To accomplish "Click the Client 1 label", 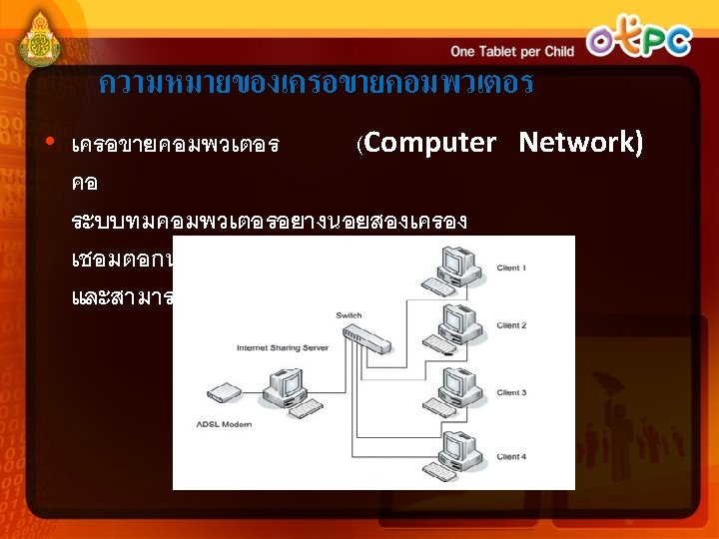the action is pos(511,269).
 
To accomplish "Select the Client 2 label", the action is pos(511,325).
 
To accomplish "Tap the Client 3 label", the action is pos(511,392).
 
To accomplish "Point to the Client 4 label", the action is pos(511,456).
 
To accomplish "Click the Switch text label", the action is pos(349,315).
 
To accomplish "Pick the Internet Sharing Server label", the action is pos(283,348).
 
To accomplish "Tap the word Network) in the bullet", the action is pos(580,143).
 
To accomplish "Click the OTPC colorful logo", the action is pos(639,40).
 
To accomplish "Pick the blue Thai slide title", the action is pos(316,84).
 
